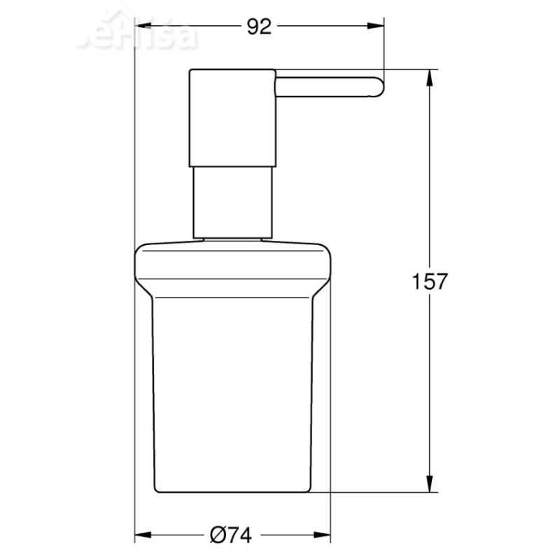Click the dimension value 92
tap(259, 27)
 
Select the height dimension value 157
tap(429, 281)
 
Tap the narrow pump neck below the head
tap(231, 203)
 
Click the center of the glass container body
tap(231, 392)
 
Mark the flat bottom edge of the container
tap(231, 493)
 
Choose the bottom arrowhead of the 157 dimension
tap(429, 487)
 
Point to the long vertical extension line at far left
tap(133, 280)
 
